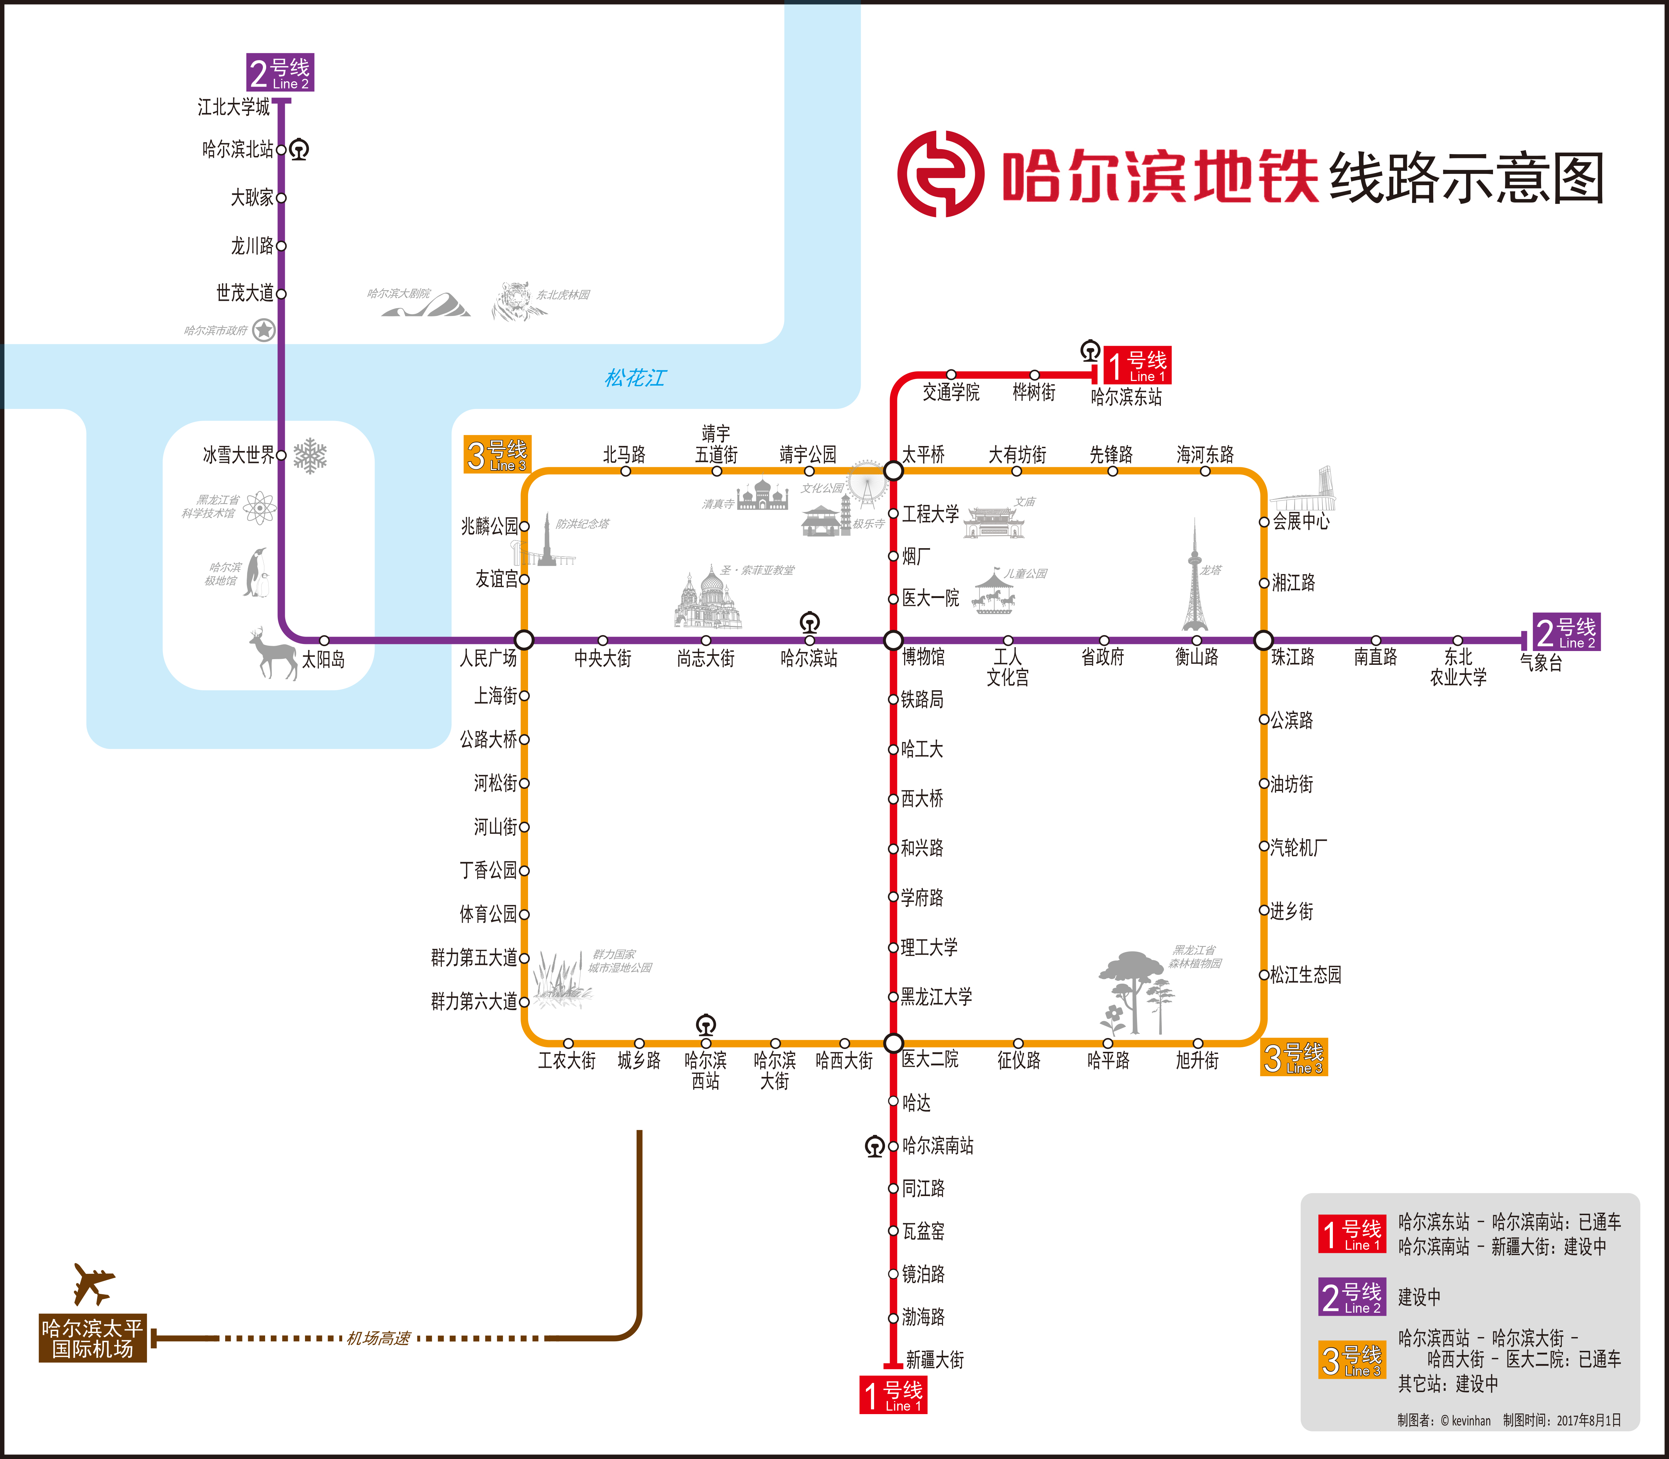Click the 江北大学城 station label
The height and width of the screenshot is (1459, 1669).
(x=234, y=107)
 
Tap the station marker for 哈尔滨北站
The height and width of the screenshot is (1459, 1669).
(x=281, y=150)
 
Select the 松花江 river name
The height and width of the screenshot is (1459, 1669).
(x=635, y=378)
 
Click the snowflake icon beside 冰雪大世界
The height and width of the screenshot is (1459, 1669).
(x=310, y=456)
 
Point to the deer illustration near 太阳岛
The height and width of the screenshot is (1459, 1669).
(x=274, y=653)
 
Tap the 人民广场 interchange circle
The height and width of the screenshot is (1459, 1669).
(x=524, y=640)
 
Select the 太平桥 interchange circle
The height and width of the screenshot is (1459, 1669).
(x=893, y=470)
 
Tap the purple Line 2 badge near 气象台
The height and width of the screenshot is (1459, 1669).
(x=1565, y=632)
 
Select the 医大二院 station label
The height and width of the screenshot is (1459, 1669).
(x=930, y=1059)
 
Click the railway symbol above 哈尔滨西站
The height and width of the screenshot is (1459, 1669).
(x=706, y=1024)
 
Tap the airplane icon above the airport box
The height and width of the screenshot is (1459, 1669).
(x=93, y=1284)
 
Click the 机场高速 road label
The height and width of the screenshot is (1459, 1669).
(x=379, y=1338)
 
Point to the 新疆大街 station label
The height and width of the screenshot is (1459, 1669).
(x=935, y=1360)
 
